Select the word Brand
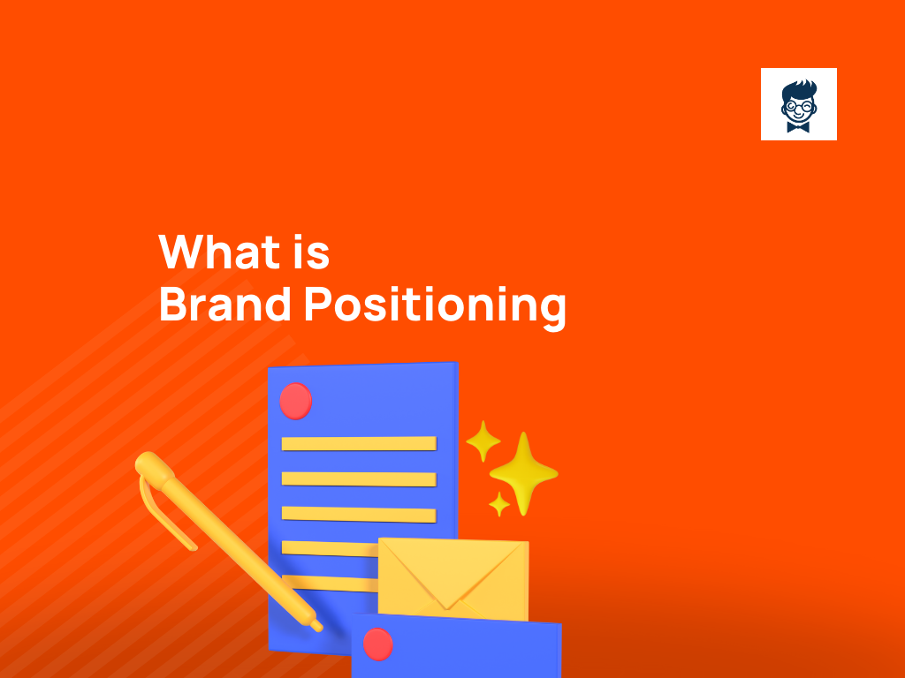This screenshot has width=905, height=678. (225, 305)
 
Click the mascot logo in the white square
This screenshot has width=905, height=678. (798, 104)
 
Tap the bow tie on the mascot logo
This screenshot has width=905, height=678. (798, 126)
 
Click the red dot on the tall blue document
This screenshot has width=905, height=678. (295, 401)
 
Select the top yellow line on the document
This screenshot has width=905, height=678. (358, 443)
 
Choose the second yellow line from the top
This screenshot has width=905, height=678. (358, 478)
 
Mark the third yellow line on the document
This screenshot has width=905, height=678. (358, 514)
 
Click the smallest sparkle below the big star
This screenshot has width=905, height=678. (500, 505)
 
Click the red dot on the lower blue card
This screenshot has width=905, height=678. (378, 644)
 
